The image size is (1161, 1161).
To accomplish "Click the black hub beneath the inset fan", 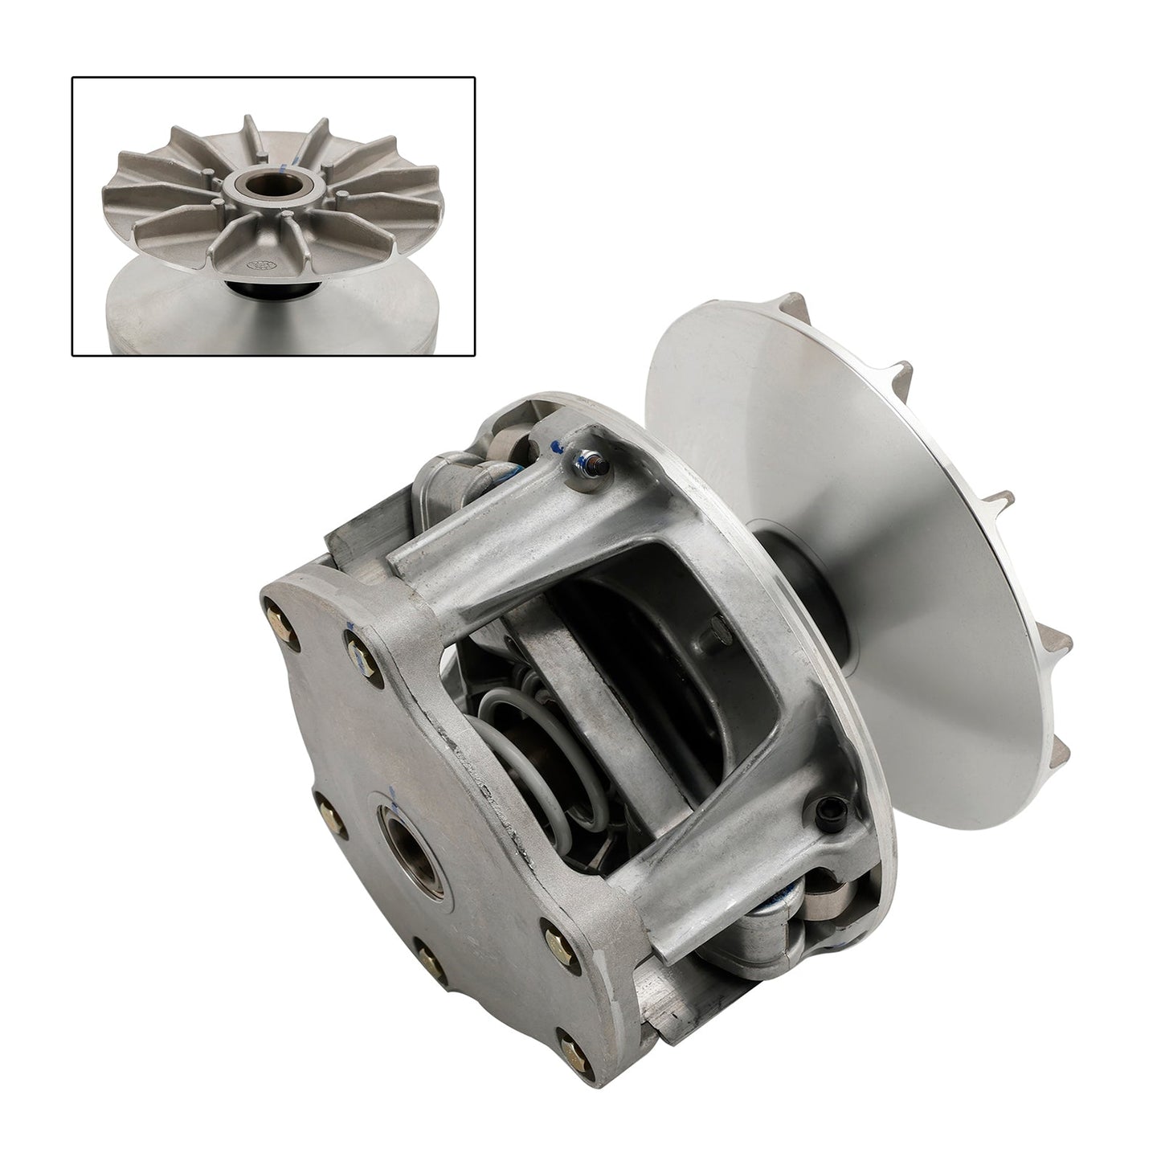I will click(x=256, y=288).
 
